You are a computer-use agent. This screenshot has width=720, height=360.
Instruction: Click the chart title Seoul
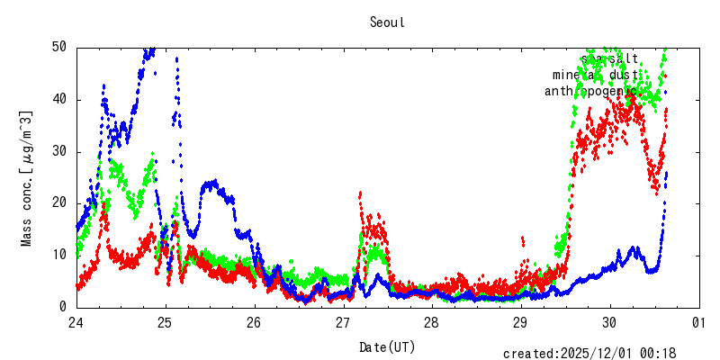pos(387,22)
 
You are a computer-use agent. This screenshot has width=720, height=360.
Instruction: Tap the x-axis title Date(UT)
pos(387,346)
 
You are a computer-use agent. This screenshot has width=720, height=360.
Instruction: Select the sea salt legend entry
pos(609,59)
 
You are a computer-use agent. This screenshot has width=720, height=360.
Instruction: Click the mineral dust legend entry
pos(595,76)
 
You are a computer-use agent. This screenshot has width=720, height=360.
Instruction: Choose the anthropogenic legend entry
pos(590,92)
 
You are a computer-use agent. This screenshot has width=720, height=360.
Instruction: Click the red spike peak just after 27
pos(360,193)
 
